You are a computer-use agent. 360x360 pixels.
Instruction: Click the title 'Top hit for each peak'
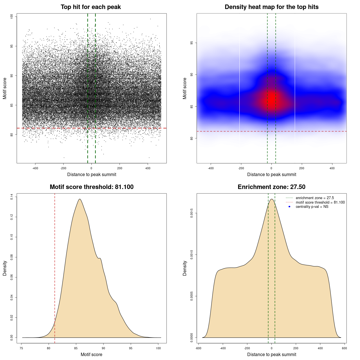coord(91,7)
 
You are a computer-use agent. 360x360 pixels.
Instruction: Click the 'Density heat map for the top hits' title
coord(271,7)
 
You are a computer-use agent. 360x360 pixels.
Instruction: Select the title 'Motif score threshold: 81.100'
coord(91,187)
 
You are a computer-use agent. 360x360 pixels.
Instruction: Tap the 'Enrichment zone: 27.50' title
coord(271,187)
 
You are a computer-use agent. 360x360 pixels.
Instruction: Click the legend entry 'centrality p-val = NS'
coord(312,207)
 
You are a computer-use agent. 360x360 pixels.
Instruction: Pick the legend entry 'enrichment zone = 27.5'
coord(315,198)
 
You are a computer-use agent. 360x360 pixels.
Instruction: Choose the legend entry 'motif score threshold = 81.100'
coord(320,202)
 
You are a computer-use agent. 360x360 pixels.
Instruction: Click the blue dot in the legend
coord(289,207)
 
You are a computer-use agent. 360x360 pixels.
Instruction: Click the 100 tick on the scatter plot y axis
coord(12,17)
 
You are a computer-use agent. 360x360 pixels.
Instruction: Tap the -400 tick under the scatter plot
coord(35,168)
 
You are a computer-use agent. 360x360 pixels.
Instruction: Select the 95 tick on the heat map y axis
coord(192,43)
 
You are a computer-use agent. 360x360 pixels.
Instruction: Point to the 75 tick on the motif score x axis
coord(22,348)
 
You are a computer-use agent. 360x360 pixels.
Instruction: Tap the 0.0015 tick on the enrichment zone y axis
coord(192,213)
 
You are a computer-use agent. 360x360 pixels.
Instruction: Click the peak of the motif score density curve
coord(80,199)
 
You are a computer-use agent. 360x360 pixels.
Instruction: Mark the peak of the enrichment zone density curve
coord(272,199)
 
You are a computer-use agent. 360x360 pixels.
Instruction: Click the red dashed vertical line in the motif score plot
coord(55,267)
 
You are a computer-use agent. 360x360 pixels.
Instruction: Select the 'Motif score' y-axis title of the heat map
coord(185,88)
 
